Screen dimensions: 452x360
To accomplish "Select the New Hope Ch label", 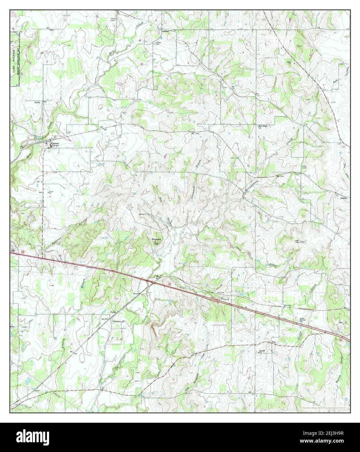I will coord(263,126).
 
